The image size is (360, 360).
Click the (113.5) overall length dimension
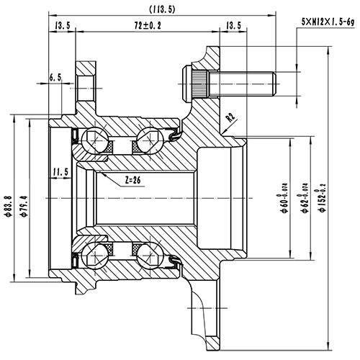click(162, 9)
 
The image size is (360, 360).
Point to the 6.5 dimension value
click(56, 77)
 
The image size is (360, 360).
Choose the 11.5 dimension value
click(60, 171)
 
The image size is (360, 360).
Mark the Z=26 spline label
click(127, 179)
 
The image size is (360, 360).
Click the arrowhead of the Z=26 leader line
click(101, 172)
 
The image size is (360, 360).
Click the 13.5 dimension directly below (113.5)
click(233, 26)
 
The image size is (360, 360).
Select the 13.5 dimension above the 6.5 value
click(62, 26)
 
